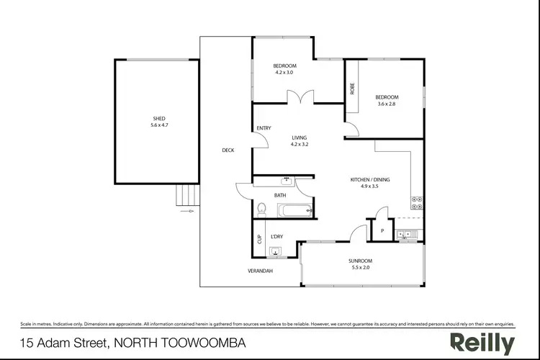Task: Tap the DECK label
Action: [228, 150]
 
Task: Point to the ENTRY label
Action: [264, 129]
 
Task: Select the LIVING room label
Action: [300, 138]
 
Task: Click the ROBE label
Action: [352, 89]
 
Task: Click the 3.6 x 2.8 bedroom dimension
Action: [387, 104]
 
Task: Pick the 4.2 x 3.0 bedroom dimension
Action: [284, 72]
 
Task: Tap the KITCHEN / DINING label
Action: [370, 179]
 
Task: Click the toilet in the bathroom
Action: [263, 210]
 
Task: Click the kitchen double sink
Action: [405, 233]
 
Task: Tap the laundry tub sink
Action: [276, 251]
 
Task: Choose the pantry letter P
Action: [382, 231]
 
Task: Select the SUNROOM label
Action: [362, 261]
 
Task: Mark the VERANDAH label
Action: [260, 271]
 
